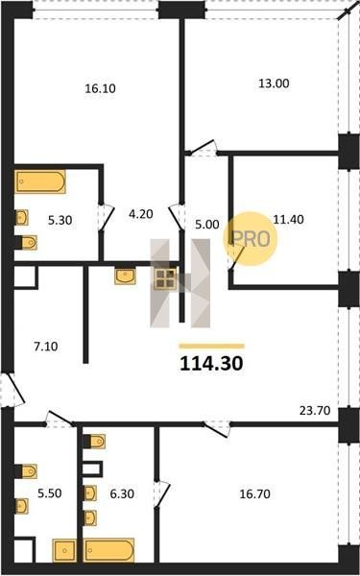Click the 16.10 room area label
tap(100, 88)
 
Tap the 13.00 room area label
tap(274, 84)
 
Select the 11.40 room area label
tap(288, 220)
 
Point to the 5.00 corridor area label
tap(207, 224)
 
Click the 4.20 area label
tap(140, 213)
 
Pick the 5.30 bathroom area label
tap(60, 221)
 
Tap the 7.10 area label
tap(46, 347)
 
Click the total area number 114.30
tap(211, 364)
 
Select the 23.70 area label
tap(315, 410)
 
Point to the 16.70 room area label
tap(255, 494)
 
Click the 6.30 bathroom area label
tap(122, 494)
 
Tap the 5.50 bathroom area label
tap(50, 494)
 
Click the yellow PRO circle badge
tap(251, 239)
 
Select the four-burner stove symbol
tap(165, 278)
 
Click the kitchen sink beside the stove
tap(125, 276)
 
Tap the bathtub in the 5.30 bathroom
tap(40, 181)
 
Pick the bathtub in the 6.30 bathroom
tap(108, 550)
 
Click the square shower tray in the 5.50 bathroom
tap(64, 550)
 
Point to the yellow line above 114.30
tap(211, 346)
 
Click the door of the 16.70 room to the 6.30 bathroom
tap(161, 494)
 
